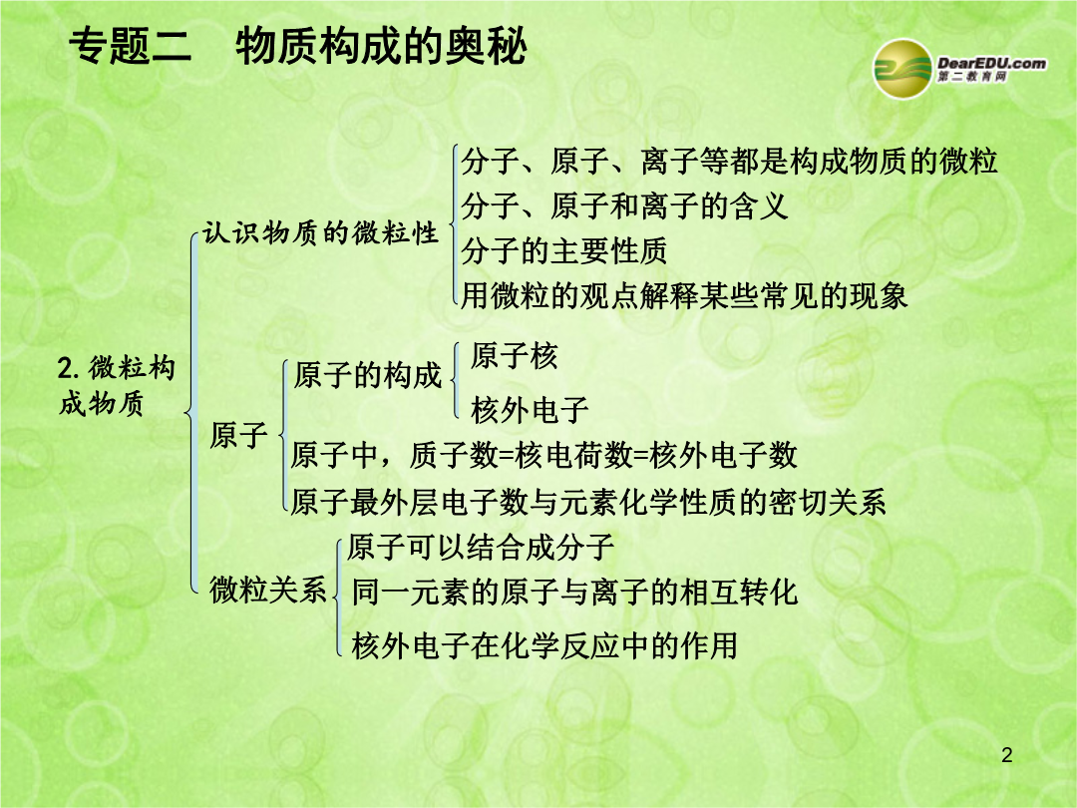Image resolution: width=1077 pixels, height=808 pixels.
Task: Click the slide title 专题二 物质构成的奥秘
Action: coord(297,46)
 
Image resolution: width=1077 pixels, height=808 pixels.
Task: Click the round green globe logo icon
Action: coord(901,69)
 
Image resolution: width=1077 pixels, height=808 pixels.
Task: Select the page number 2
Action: coord(1007,755)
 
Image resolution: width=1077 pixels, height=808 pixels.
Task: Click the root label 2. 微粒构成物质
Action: coord(116,386)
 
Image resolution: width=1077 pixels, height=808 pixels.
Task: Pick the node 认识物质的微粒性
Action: coord(320,232)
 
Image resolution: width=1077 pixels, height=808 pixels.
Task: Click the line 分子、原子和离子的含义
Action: coord(623,205)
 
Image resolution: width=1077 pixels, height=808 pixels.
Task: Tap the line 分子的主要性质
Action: coord(563,250)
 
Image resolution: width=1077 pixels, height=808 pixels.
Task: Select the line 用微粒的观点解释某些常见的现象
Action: coord(684,295)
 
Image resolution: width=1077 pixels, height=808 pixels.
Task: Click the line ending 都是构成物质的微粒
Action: coord(729,161)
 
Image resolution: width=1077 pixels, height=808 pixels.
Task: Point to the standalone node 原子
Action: coord(238,435)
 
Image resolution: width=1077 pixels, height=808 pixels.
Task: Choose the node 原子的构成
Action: coord(367,375)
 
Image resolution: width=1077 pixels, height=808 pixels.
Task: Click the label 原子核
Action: coord(515,356)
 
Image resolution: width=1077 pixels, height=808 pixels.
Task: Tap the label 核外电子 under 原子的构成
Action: coord(530,410)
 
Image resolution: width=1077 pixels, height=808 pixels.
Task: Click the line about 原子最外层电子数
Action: coord(588,502)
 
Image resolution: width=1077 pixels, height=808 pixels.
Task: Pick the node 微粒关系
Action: coord(268,590)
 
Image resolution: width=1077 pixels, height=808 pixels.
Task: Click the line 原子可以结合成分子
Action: coord(480,547)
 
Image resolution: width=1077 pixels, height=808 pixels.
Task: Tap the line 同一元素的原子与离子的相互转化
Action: coord(575,593)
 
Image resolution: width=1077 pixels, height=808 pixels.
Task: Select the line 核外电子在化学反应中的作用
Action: coord(544,645)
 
